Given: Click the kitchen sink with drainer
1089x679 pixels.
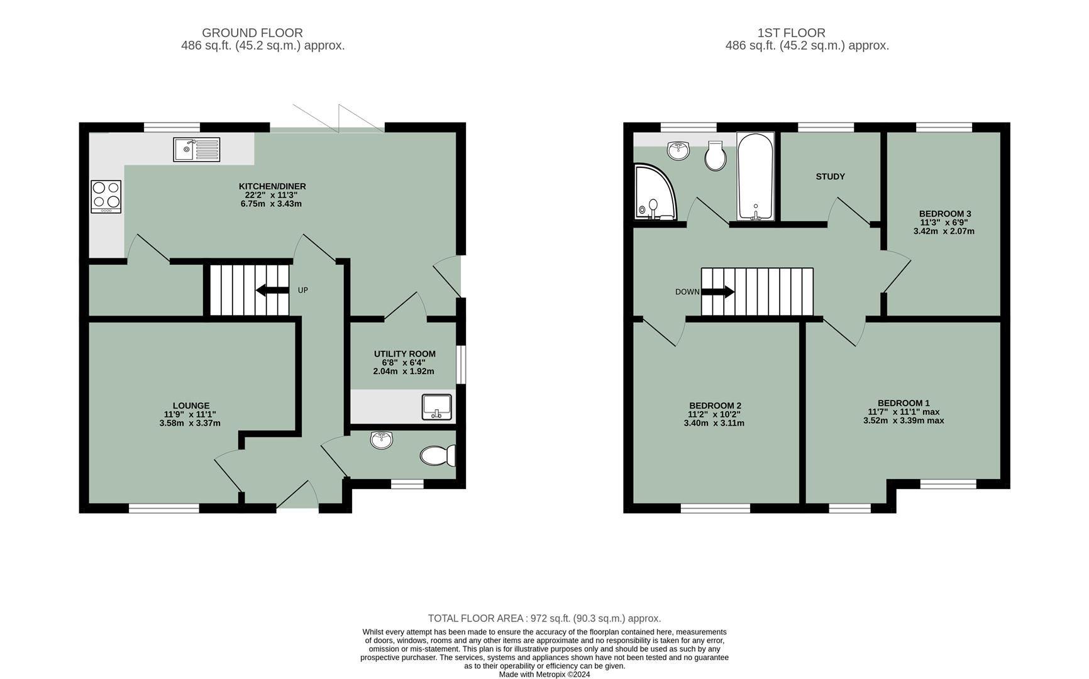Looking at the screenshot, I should click(x=197, y=150).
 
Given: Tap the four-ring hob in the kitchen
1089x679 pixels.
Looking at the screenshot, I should click(x=106, y=196).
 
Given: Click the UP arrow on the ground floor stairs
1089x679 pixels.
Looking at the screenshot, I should click(x=271, y=290).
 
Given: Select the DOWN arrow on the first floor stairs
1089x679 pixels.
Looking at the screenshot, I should click(x=718, y=292).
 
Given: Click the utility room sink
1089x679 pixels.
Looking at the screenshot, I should click(x=436, y=406).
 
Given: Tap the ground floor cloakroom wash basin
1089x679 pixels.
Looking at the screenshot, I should click(x=382, y=439).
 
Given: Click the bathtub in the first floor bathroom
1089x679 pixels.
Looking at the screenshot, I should click(x=755, y=176).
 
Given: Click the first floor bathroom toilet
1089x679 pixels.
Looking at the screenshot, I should click(x=716, y=155).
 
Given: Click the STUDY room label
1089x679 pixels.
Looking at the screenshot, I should click(x=830, y=177).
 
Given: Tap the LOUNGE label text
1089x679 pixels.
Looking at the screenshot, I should click(x=191, y=406).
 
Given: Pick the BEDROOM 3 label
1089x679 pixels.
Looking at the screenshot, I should click(x=944, y=214).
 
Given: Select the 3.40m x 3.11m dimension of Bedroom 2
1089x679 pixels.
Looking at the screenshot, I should click(x=714, y=423).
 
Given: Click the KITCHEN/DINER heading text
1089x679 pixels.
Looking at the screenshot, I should click(x=272, y=186).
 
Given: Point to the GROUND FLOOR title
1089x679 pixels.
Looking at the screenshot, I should click(x=252, y=33).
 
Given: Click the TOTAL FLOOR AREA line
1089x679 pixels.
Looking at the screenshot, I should click(x=544, y=618).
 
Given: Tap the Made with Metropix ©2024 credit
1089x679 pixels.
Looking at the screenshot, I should click(x=544, y=674).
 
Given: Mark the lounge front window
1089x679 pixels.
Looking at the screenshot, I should click(x=164, y=508).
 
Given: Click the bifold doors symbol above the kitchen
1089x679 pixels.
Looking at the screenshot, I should click(x=339, y=119).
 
